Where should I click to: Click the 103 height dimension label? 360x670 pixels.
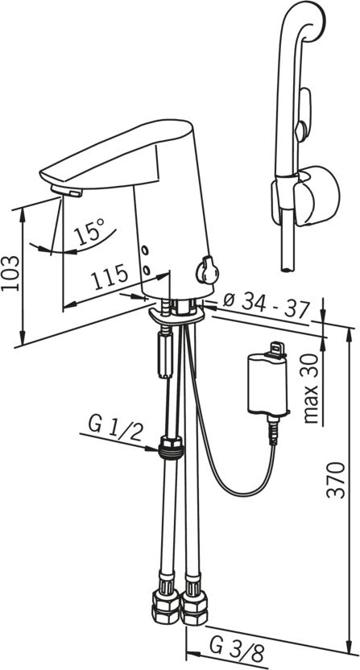tap(10, 274)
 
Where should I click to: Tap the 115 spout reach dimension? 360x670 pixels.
tap(110, 278)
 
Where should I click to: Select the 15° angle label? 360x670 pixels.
tap(89, 231)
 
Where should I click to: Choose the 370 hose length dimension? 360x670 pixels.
tap(336, 479)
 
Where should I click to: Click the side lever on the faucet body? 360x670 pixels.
tap(207, 270)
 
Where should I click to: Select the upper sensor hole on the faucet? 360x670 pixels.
tap(145, 250)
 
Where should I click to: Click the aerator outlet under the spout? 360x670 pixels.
tap(66, 191)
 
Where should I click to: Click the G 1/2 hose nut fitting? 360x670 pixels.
tap(170, 448)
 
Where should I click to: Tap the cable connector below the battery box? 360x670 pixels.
tap(272, 429)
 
